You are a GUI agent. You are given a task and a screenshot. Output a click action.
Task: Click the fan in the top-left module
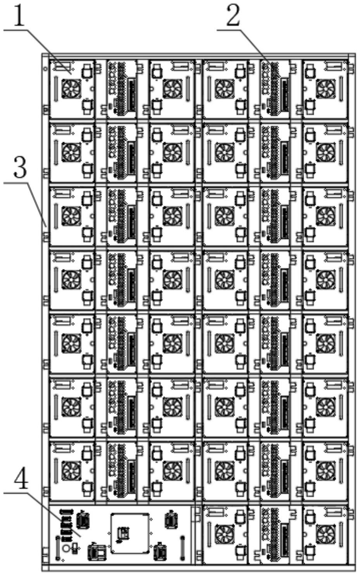click(71, 89)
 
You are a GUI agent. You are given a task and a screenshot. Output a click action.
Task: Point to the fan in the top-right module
click(325, 89)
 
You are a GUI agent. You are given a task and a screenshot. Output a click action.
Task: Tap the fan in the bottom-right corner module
click(325, 535)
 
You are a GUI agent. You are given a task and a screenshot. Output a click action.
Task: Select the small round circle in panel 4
click(66, 548)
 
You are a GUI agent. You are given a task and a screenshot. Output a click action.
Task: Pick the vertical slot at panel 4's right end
click(182, 547)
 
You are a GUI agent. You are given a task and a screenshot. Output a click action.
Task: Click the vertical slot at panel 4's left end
click(58, 547)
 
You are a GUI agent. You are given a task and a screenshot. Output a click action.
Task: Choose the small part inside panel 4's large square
click(124, 533)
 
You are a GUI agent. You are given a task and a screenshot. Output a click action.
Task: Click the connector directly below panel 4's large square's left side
click(97, 552)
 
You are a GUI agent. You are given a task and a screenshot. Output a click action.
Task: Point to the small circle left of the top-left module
click(46, 69)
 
